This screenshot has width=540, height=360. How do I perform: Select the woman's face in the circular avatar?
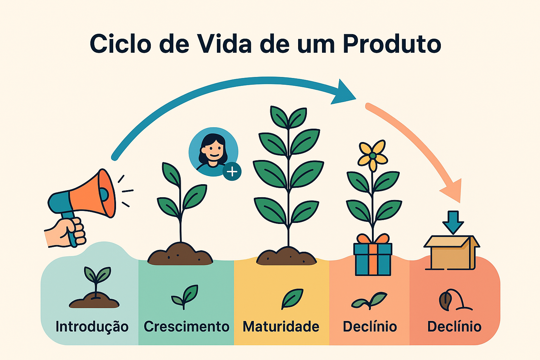(x=212, y=150)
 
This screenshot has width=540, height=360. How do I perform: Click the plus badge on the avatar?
(x=232, y=172)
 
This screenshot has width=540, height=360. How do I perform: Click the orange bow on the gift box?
(x=373, y=239)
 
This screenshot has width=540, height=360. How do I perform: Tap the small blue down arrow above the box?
(x=453, y=222)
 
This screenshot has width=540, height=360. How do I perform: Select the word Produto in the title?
(x=392, y=44)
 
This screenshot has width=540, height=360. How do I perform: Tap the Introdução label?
(x=92, y=327)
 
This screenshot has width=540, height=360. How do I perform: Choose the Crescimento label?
(x=186, y=327)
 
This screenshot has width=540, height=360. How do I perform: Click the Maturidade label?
(x=281, y=327)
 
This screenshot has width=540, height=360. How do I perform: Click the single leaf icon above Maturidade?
(x=292, y=299)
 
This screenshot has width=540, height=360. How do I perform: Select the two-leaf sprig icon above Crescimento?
(x=185, y=297)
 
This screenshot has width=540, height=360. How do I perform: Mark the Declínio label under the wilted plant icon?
(x=454, y=327)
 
